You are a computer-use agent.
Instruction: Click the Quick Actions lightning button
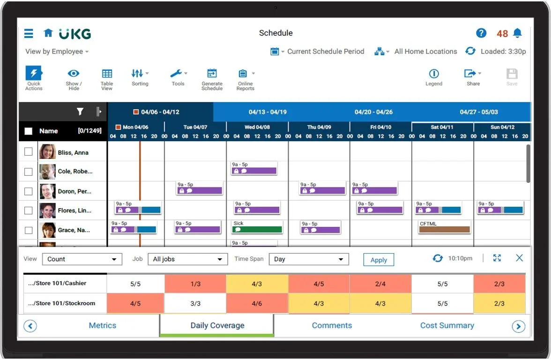(34, 74)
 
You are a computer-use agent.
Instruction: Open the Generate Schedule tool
(212, 74)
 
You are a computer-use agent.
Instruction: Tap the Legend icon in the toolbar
(433, 74)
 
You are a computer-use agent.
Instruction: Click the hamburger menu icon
(29, 33)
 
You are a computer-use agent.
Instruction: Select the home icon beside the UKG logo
(48, 33)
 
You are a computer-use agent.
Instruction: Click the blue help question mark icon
(481, 33)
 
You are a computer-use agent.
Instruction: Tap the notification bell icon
(517, 33)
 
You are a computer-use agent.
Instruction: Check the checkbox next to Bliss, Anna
(29, 152)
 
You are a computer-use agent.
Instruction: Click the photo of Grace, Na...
(47, 230)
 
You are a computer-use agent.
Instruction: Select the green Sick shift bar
(258, 230)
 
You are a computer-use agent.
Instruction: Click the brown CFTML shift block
(444, 230)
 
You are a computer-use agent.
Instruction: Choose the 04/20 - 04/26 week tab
(373, 112)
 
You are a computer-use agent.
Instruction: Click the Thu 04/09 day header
(319, 127)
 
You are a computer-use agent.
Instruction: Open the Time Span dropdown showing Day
(309, 259)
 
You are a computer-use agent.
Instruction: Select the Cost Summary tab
(447, 325)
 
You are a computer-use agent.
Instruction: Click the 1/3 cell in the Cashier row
(195, 284)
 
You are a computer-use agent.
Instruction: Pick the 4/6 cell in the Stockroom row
(257, 303)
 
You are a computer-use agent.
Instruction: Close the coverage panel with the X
(519, 258)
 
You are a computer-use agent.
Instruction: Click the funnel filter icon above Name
(80, 112)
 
